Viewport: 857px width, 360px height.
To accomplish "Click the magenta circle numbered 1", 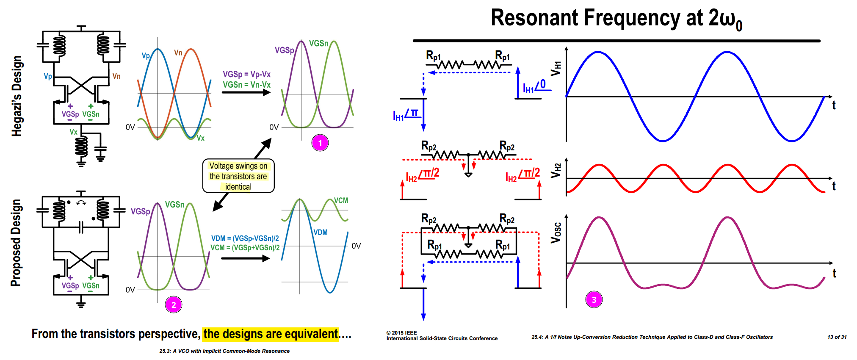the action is point(320,143).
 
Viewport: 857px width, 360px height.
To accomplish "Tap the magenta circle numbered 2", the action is point(174,305).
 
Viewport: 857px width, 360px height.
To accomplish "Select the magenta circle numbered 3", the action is point(594,299).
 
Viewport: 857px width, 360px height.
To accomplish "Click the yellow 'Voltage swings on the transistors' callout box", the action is point(238,176).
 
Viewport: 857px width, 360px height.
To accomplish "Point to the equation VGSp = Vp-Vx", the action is point(246,74).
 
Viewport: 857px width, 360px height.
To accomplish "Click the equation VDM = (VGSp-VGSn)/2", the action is point(245,238).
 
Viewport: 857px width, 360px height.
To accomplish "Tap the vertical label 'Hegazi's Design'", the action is point(17,96).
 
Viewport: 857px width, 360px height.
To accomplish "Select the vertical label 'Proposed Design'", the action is point(16,243).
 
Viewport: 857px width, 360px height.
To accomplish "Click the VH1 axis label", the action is point(556,68).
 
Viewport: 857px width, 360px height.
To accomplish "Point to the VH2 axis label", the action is point(556,170).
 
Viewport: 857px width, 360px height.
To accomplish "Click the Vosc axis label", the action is point(556,233).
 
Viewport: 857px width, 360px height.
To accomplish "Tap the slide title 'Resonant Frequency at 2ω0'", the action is point(616,19).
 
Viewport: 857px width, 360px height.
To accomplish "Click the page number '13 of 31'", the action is point(837,337).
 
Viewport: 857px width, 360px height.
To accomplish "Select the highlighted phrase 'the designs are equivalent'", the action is point(271,334).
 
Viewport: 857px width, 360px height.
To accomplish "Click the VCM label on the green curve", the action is point(341,200).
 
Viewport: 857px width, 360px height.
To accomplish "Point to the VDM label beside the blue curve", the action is point(321,232).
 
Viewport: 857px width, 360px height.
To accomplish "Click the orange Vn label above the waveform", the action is point(178,53).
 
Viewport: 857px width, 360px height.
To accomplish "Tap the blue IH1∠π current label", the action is point(406,115).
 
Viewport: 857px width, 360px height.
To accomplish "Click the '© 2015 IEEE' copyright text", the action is point(401,333).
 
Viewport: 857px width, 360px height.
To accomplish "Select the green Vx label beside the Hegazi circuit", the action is point(74,132).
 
